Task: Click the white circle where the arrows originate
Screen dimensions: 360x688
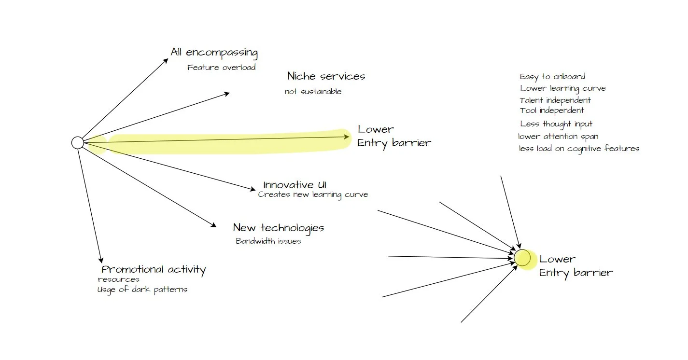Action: (x=77, y=143)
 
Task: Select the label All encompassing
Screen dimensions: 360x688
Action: (x=214, y=52)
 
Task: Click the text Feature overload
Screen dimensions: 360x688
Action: (x=221, y=68)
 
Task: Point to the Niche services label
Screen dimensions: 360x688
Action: (x=326, y=76)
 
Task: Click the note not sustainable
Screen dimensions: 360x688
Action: (x=313, y=92)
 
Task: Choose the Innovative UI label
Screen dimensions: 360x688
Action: (x=295, y=185)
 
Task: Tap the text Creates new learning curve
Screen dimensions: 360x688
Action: (x=313, y=195)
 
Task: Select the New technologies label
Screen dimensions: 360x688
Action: (x=278, y=228)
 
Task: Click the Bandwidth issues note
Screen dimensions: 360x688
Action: (x=268, y=241)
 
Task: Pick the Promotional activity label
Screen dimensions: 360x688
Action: (x=154, y=270)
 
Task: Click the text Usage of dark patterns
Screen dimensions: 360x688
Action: (x=142, y=290)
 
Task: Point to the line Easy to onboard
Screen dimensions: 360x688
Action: (x=552, y=77)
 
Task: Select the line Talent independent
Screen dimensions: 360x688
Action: (x=555, y=100)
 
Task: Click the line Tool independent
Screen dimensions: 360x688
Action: (x=552, y=111)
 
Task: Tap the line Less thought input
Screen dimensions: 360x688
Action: (x=556, y=124)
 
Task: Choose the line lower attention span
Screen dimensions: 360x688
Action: (x=558, y=137)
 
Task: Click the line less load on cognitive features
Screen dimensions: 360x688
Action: (x=579, y=149)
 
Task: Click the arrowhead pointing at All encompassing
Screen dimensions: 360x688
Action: (x=166, y=61)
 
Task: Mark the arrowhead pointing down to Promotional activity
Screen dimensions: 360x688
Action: (x=101, y=260)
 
